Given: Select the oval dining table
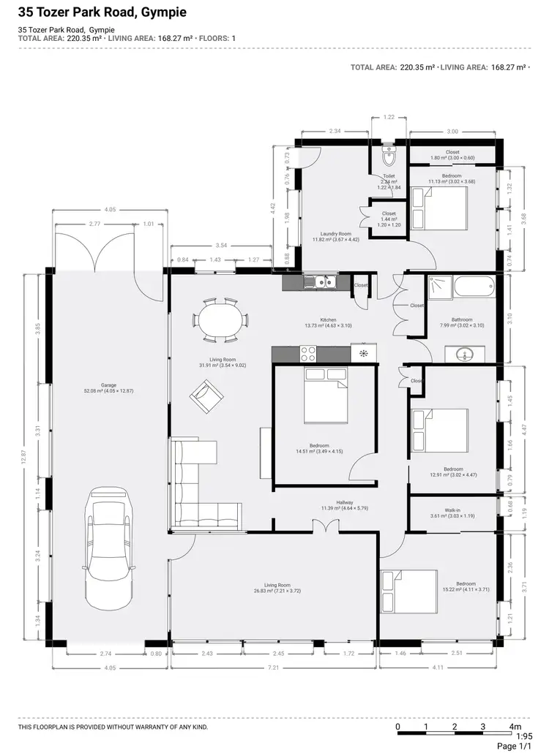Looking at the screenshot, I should pos(220,319).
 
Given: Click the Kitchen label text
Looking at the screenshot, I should pos(327,320).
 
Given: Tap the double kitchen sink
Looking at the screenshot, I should pos(321,281).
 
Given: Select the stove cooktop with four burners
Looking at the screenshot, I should pos(308,354).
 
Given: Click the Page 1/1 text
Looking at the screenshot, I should pos(517,746).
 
